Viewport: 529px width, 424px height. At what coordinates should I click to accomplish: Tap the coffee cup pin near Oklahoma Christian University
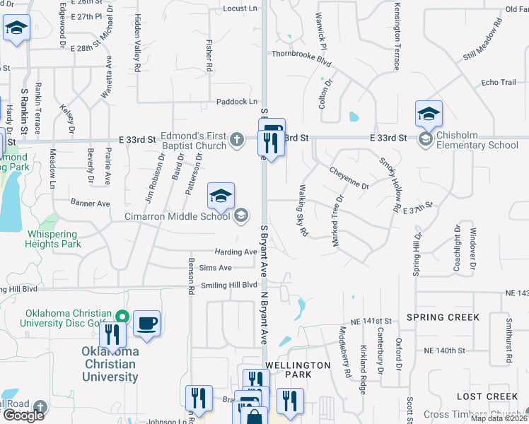(146, 324)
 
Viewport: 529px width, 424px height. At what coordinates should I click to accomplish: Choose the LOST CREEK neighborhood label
(487, 397)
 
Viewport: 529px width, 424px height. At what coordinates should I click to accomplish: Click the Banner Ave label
(90, 204)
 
